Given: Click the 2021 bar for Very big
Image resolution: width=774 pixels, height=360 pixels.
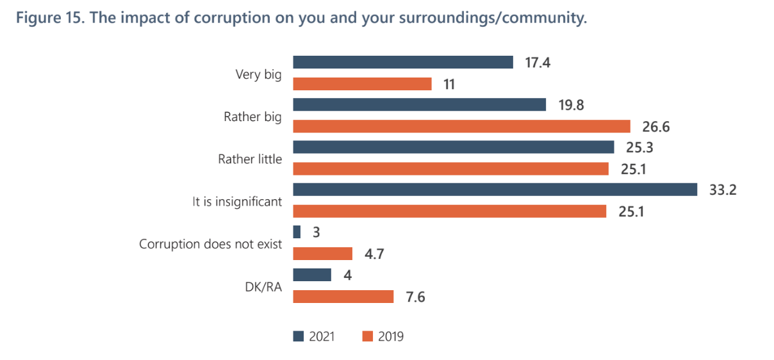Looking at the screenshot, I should click(402, 62).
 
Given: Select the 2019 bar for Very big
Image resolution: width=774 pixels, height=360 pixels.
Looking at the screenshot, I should click(362, 84).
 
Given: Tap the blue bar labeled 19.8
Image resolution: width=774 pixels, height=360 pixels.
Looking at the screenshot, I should click(419, 104).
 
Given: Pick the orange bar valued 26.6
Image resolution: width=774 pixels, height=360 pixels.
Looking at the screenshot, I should click(461, 126).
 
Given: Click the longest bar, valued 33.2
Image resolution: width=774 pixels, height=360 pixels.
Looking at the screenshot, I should click(495, 190).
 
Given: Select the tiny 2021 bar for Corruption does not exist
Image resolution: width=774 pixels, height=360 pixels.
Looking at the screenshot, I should click(297, 232).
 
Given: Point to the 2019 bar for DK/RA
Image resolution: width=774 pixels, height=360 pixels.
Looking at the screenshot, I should click(343, 297).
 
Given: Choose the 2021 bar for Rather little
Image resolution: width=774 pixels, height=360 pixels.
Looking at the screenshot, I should click(453, 147).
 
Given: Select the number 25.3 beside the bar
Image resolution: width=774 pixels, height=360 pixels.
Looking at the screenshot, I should click(638, 147).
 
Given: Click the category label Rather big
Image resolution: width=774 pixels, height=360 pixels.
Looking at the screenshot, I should click(252, 117).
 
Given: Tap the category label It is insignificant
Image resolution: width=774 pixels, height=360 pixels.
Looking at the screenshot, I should click(237, 201).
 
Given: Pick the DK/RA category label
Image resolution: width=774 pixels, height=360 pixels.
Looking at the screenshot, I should click(263, 286).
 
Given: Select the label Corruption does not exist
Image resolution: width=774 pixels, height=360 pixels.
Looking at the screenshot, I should click(210, 243).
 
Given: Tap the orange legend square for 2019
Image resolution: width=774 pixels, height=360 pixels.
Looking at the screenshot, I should click(367, 336).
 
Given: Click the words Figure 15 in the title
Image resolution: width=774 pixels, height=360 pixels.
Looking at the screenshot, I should click(48, 18).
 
